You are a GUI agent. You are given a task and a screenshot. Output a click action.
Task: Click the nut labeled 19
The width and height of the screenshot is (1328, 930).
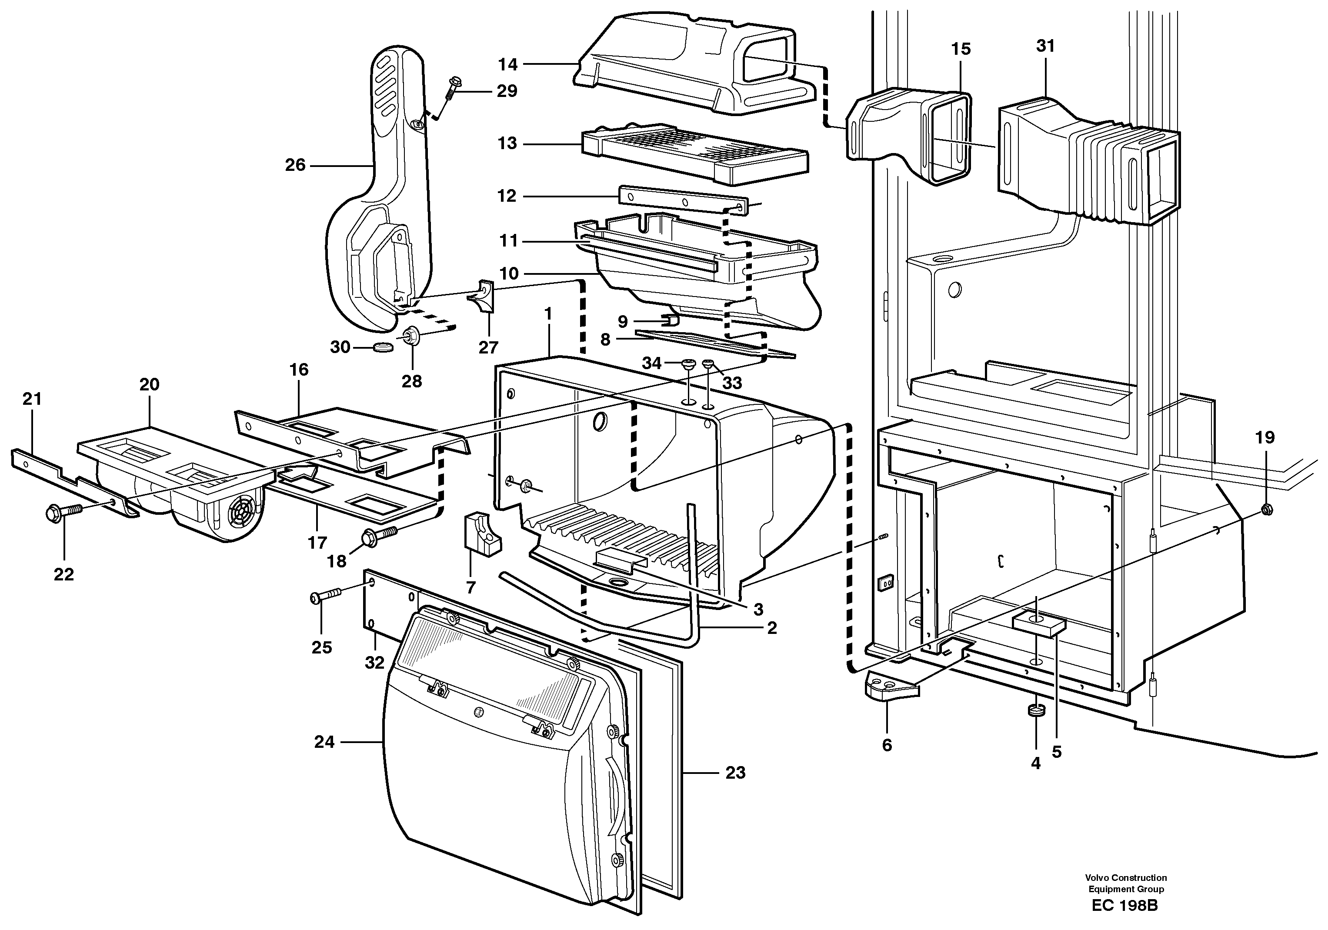[x=1265, y=509]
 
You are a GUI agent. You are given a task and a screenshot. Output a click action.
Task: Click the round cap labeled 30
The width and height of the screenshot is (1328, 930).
[x=382, y=347]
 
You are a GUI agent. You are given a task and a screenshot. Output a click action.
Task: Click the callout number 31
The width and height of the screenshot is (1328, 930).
[x=1045, y=46]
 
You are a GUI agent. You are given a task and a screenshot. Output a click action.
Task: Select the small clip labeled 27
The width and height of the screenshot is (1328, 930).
[x=483, y=296]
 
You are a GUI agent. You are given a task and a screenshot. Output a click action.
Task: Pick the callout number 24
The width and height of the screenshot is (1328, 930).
[x=324, y=742]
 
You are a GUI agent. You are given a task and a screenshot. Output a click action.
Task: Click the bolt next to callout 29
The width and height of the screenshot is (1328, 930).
[x=453, y=90]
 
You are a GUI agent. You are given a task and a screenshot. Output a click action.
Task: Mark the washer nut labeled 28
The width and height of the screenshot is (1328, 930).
[x=411, y=334]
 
